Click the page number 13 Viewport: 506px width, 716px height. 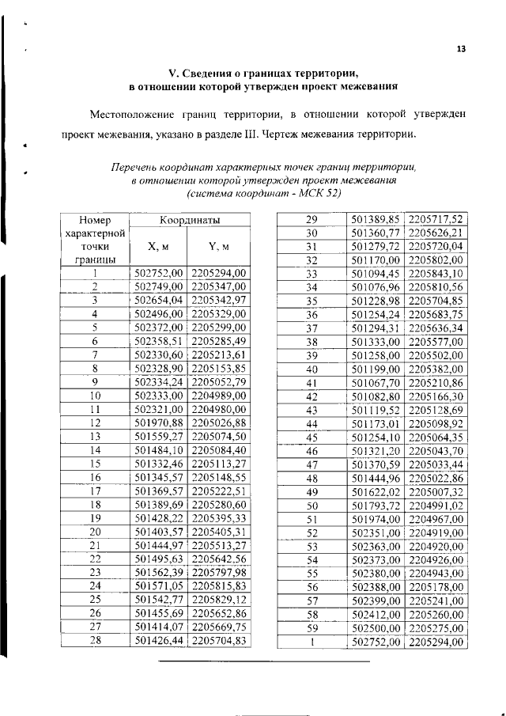coord(461,49)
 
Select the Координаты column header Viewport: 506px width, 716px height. coord(190,219)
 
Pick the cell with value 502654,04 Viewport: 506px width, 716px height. coord(159,300)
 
